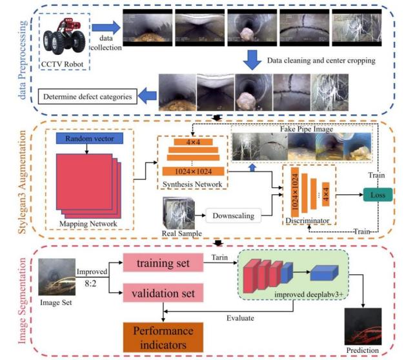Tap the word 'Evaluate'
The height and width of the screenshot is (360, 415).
(241, 318)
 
